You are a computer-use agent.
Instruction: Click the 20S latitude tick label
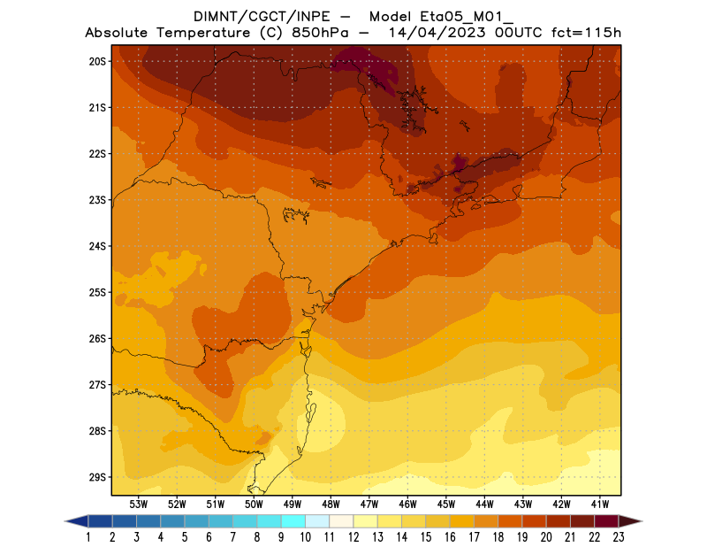tap(97, 61)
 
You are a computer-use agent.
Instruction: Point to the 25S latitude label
tap(97, 292)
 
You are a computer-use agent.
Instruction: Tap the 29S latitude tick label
tap(97, 477)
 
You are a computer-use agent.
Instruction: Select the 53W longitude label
tap(139, 504)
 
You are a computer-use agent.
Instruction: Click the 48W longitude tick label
tap(331, 504)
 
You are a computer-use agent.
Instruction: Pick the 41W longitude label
tap(600, 504)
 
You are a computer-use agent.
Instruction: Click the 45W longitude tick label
tap(446, 504)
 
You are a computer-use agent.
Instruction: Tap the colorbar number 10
tap(305, 536)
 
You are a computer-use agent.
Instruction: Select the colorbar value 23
tap(617, 536)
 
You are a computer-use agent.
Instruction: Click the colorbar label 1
tap(89, 536)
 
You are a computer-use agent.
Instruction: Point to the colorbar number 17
tap(473, 536)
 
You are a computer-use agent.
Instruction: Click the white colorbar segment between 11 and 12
tap(341, 520)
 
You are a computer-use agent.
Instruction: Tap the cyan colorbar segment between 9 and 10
tap(293, 520)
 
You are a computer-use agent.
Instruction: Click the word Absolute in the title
tap(120, 33)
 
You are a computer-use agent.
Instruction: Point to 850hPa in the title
tap(323, 33)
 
